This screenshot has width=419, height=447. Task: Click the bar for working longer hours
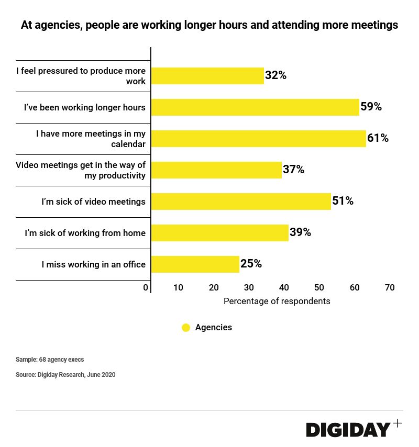pos(255,107)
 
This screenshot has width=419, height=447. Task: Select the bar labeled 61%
pos(258,139)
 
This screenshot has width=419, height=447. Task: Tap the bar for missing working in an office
pos(195,264)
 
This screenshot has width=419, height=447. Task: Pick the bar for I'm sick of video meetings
pos(241,202)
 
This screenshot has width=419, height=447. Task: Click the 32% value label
pos(275,75)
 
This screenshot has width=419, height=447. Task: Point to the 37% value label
pos(293,170)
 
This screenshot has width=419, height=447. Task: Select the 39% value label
pos(300,232)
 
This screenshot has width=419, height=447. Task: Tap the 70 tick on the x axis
pos(390,287)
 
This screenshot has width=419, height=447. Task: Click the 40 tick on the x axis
pos(284,287)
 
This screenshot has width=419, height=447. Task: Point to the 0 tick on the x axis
pos(146,287)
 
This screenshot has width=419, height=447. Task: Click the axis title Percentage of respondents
pos(277,301)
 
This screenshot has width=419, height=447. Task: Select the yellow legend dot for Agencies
pos(186,328)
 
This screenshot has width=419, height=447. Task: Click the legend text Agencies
pos(213,328)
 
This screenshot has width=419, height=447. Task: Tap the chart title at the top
pos(210,25)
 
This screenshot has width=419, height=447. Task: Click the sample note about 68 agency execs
pos(50,360)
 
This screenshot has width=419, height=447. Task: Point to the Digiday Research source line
pos(65,375)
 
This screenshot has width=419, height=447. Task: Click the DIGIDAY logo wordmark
pos(348,430)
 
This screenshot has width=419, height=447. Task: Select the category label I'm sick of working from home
pos(85,233)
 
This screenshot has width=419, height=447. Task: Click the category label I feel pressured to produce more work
pos(81,76)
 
